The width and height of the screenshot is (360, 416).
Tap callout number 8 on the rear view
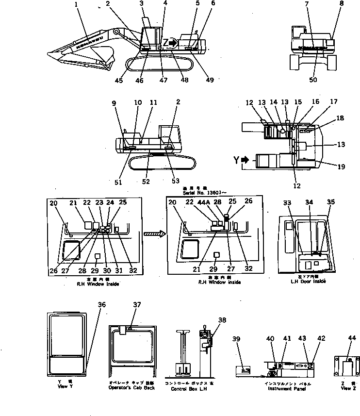tap(341, 4)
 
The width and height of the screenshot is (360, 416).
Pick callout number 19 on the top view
tap(342, 166)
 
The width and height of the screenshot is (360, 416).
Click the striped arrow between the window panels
tap(155, 234)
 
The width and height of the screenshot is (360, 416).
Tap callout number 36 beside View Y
tap(101, 304)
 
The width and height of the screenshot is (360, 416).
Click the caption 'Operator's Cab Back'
tap(132, 388)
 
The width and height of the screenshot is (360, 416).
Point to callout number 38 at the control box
tap(222, 320)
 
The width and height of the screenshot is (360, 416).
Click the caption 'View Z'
tap(345, 388)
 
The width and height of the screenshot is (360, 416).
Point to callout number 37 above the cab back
tap(137, 304)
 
